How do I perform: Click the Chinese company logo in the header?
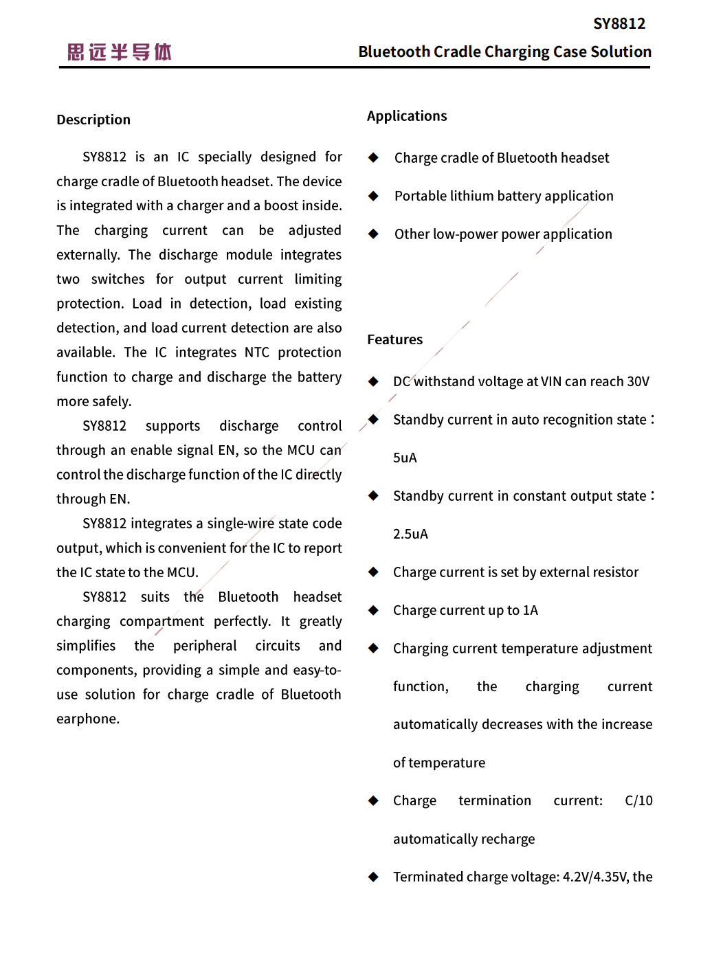(120, 52)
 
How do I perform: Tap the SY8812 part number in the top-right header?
(619, 24)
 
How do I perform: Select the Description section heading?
(93, 120)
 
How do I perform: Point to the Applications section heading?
(407, 116)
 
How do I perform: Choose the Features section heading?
(394, 339)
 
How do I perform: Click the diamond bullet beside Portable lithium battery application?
(373, 196)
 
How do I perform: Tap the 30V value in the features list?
(638, 382)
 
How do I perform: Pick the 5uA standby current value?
(405, 458)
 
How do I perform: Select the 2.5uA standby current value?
(410, 535)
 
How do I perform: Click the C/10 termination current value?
(638, 801)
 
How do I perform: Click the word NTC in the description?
(257, 352)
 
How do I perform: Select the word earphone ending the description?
(87, 719)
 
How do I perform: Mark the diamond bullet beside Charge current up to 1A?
(373, 610)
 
